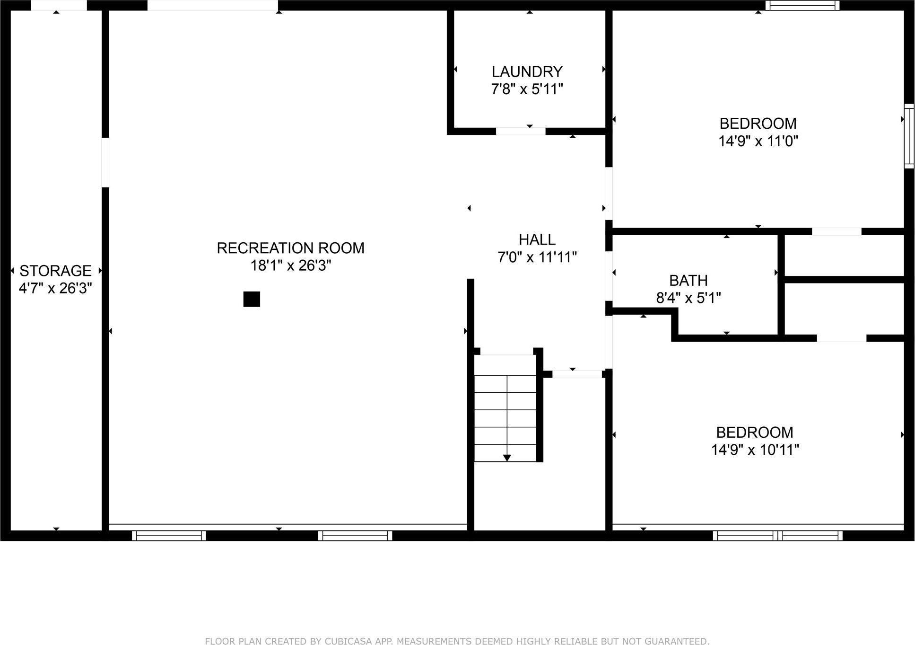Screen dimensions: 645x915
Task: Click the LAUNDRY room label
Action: (527, 72)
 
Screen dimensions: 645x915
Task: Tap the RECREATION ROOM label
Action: (290, 248)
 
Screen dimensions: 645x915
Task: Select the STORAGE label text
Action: (55, 271)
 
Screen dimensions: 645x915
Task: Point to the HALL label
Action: (537, 239)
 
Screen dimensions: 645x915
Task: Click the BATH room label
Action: (688, 281)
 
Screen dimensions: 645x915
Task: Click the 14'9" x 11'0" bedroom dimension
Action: (758, 141)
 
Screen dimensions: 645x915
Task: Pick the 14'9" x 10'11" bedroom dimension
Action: (755, 450)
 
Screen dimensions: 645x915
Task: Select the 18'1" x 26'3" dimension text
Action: (290, 265)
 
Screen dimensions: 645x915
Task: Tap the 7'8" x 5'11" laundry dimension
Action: (527, 89)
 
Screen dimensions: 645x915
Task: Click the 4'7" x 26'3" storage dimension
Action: (55, 288)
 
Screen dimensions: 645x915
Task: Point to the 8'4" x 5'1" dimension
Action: (688, 298)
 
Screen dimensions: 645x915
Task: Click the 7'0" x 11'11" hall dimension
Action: (537, 257)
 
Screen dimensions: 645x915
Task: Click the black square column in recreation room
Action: (252, 299)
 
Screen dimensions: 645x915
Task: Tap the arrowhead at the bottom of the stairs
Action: (507, 458)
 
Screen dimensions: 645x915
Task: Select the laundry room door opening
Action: (520, 131)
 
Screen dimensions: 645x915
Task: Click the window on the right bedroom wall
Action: (909, 136)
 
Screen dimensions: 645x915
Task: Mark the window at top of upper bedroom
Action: (802, 6)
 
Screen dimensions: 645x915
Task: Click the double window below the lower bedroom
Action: (777, 536)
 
